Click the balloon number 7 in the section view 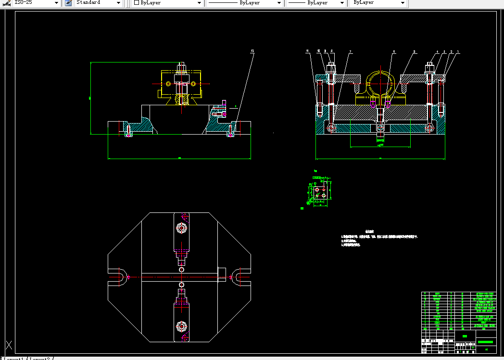tap(350, 51)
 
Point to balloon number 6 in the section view tap(394, 51)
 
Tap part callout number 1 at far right tap(458, 51)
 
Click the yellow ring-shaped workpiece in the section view tap(380, 82)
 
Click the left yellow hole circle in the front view tap(169, 84)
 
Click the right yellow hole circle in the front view tap(193, 84)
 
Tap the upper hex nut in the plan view tap(181, 227)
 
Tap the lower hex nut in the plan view tap(181, 327)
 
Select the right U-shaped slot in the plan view tap(238, 277)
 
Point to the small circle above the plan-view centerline tap(181, 270)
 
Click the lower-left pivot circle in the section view tap(330, 127)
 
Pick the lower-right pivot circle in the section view tap(429, 127)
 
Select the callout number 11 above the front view tap(252, 50)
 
